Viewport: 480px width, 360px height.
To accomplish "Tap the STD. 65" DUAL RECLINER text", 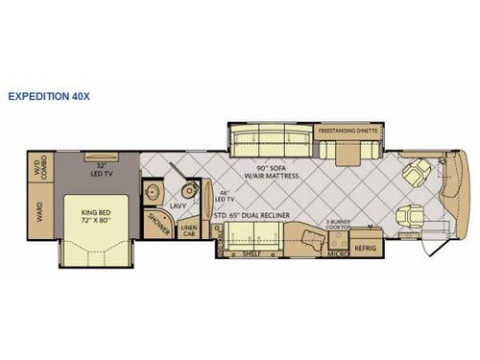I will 268,216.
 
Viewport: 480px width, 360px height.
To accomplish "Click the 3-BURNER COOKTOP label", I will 339,225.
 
